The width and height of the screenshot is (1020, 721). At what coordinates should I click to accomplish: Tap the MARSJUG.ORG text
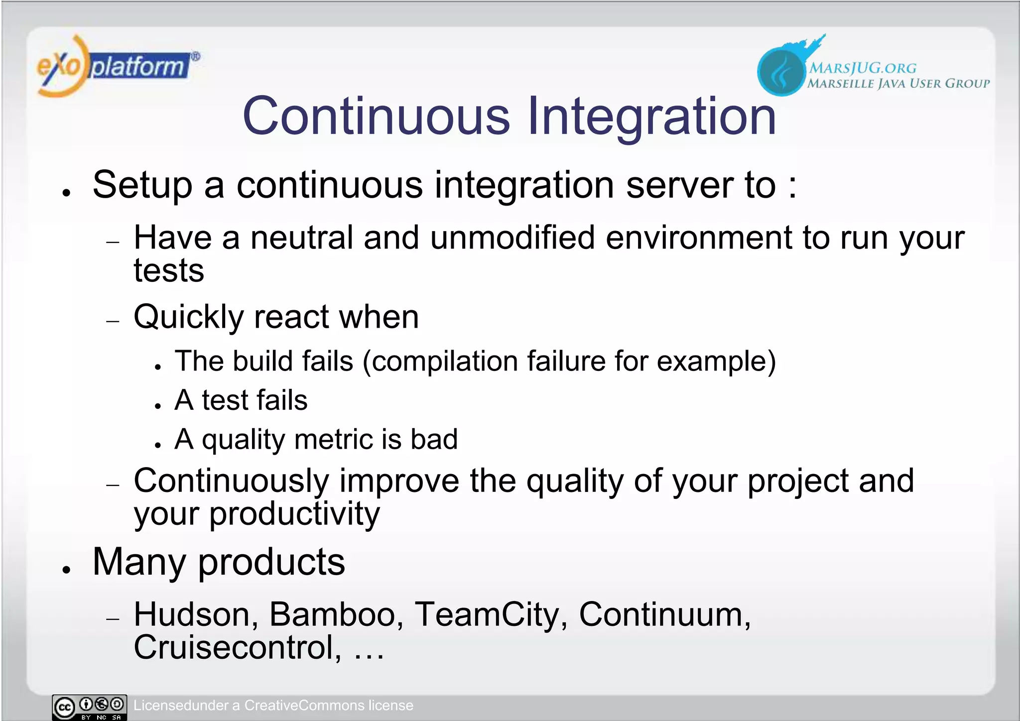[x=862, y=68]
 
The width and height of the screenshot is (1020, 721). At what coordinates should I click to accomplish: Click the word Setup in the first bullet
[x=142, y=185]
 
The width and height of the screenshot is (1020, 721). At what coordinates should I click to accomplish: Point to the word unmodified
[x=512, y=238]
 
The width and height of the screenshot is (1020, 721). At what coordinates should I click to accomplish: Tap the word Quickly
[x=188, y=317]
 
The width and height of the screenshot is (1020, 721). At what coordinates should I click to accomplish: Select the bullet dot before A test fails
[x=158, y=406]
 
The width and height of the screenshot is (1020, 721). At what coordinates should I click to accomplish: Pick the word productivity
[x=294, y=514]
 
